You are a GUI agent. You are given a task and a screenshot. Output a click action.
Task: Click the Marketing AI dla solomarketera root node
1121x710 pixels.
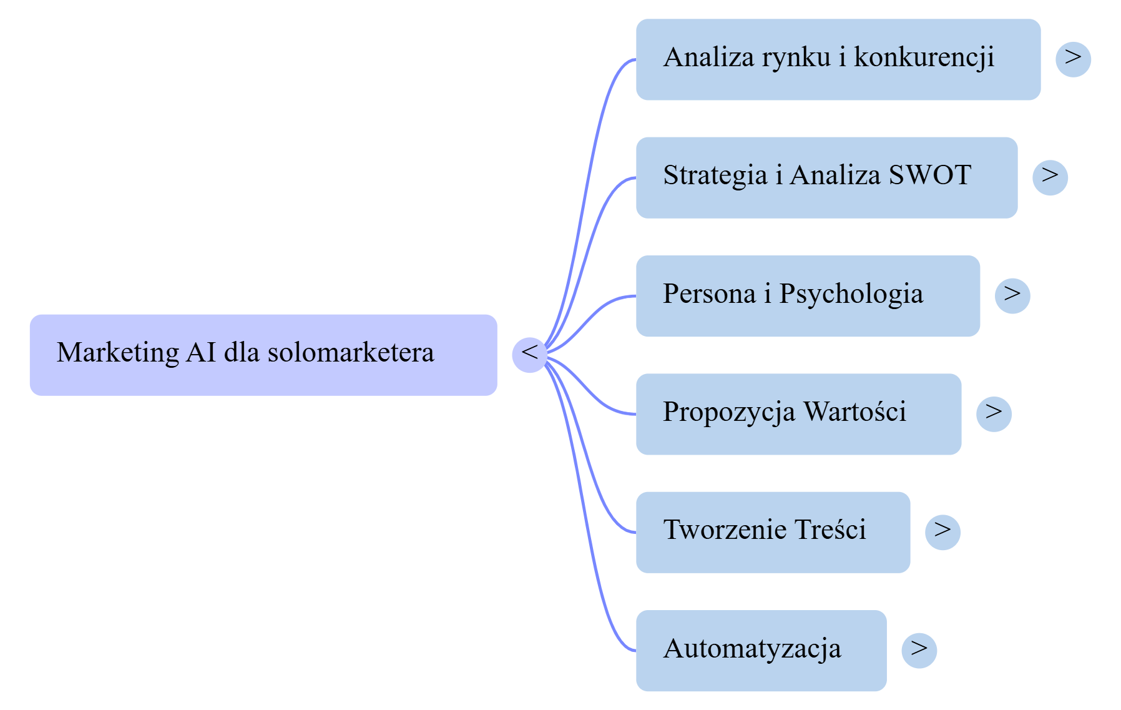click(x=263, y=355)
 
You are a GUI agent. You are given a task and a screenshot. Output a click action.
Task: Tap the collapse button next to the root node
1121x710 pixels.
click(x=529, y=354)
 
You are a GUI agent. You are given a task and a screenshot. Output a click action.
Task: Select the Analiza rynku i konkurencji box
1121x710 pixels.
click(x=838, y=59)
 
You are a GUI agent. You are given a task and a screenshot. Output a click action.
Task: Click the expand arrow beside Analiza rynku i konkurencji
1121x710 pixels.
click(x=1073, y=59)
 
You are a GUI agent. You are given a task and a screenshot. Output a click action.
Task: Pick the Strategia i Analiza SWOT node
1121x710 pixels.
click(x=826, y=177)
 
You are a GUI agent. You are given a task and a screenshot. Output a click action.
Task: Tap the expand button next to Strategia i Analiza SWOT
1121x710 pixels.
click(x=1050, y=177)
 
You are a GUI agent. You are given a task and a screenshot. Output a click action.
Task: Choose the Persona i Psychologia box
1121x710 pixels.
click(x=808, y=295)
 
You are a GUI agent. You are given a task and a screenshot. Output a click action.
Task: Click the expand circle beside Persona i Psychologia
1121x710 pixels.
click(x=1012, y=295)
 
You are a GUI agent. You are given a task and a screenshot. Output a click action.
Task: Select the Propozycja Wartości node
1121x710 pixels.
click(x=798, y=414)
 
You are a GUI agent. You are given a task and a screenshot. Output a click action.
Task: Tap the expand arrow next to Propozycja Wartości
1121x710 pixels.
click(x=994, y=413)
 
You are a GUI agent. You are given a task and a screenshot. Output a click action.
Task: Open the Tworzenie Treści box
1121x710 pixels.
click(x=773, y=532)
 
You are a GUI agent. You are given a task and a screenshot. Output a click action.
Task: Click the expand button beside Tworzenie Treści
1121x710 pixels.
click(x=942, y=532)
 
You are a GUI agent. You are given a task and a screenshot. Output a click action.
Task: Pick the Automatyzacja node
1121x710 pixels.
click(x=761, y=651)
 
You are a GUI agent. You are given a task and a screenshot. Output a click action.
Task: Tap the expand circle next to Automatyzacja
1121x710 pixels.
click(x=919, y=651)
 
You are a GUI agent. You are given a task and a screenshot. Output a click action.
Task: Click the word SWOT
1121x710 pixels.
click(x=930, y=175)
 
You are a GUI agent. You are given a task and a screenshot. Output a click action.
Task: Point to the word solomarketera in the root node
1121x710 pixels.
click(x=351, y=353)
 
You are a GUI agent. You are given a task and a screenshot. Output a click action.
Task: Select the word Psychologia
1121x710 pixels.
click(x=851, y=294)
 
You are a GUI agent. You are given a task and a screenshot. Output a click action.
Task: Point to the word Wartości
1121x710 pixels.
click(x=854, y=412)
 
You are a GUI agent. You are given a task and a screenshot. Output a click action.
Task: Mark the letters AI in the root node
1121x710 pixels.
click(x=200, y=353)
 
